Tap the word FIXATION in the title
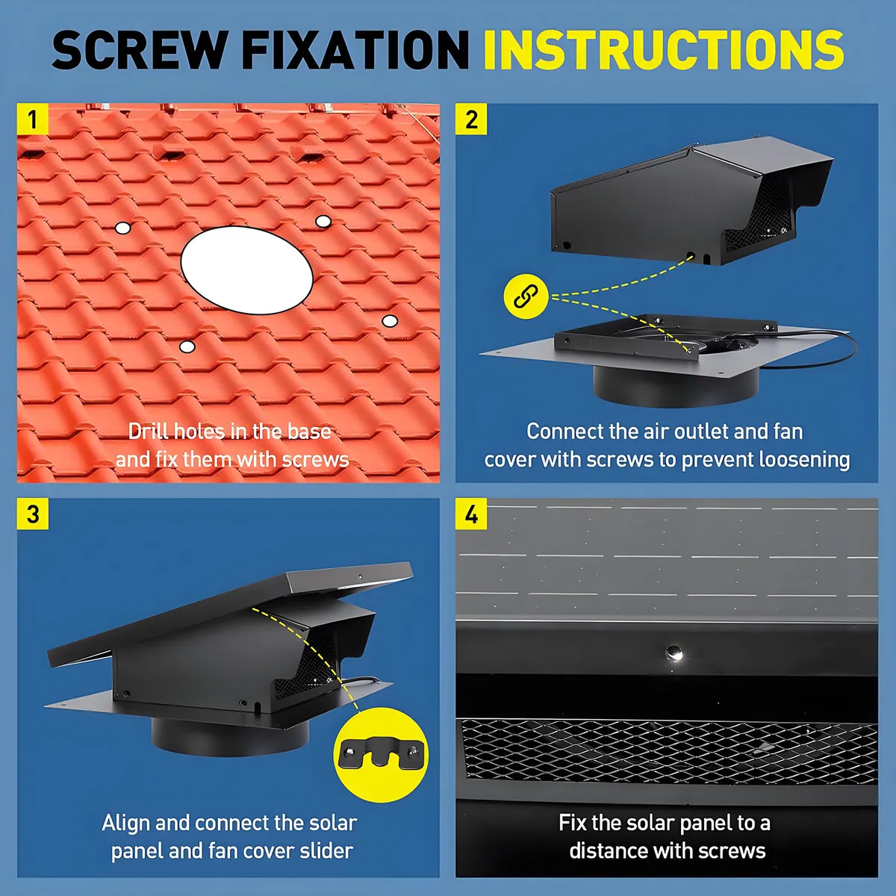(355, 50)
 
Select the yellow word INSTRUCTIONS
(664, 50)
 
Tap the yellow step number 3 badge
(33, 514)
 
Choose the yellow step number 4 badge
(471, 514)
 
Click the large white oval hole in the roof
(246, 270)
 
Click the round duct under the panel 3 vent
(229, 736)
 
